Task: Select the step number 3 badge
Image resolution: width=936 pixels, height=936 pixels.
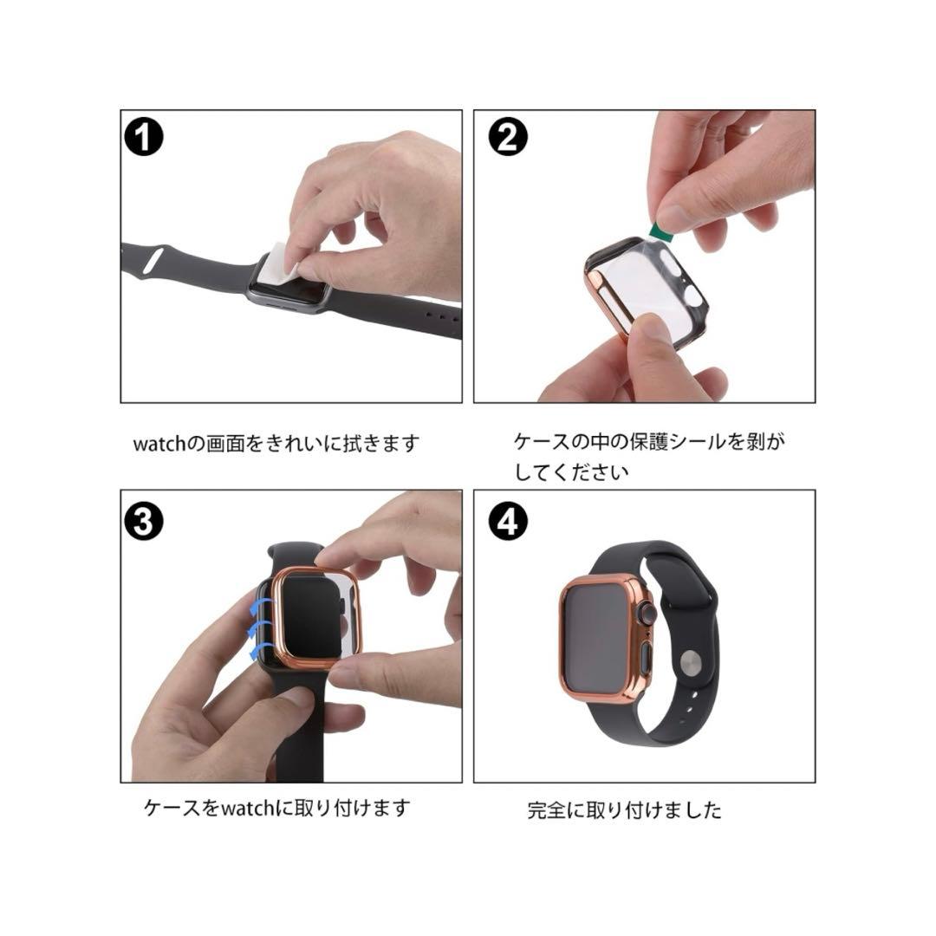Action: coord(144,520)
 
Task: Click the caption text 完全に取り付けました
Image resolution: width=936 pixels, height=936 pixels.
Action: coord(624,811)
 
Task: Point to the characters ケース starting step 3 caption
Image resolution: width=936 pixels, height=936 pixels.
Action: coord(172,809)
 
